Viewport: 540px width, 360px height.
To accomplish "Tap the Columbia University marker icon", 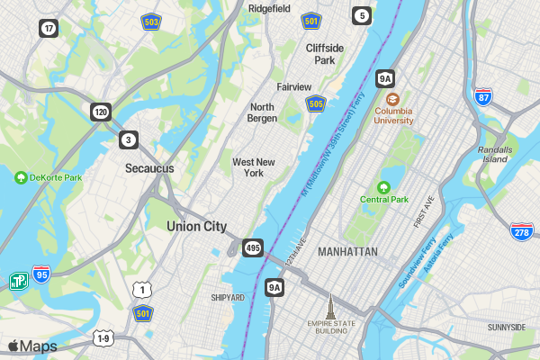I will tap(392, 100).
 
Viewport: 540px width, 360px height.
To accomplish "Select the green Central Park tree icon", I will tap(384, 187).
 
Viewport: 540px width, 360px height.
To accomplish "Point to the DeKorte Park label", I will tap(55, 177).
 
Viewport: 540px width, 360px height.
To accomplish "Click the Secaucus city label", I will tap(149, 168).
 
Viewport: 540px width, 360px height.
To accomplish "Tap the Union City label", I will tap(196, 227).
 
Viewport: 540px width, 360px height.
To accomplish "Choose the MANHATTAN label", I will tap(347, 252).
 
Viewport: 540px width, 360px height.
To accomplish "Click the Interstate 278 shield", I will tap(521, 231).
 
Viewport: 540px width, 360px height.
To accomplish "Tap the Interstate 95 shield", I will tap(41, 274).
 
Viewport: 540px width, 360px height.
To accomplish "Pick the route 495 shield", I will tap(252, 247).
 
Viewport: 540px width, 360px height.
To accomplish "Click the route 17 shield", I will tap(49, 28).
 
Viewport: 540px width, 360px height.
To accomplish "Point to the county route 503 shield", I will tap(150, 20).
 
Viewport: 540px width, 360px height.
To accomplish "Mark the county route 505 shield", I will tap(315, 104).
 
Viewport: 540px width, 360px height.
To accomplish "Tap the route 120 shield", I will tap(100, 112).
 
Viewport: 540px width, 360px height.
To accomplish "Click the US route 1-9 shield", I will tap(103, 338).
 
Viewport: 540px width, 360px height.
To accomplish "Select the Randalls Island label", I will tap(495, 154).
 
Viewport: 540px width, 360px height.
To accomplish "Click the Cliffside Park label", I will tap(325, 54).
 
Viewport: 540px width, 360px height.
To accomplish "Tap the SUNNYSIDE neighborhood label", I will tap(506, 328).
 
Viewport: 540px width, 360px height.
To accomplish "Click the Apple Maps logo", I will tap(32, 346).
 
